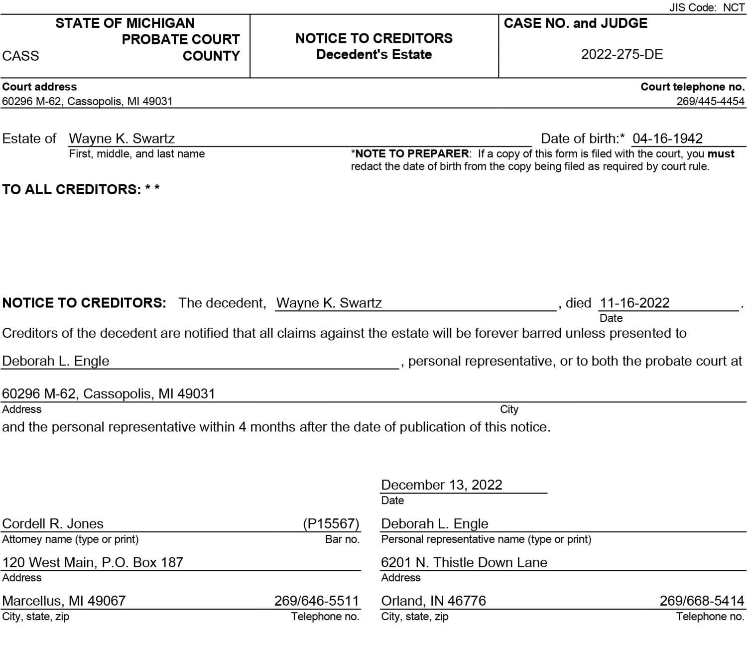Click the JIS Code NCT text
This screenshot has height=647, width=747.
[x=707, y=7]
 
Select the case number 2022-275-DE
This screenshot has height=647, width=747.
[x=622, y=55]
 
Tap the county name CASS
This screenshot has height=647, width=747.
[x=20, y=56]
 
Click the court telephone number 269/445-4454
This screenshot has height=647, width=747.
[x=710, y=101]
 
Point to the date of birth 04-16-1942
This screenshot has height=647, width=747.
[x=667, y=138]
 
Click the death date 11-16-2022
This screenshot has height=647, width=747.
[x=634, y=303]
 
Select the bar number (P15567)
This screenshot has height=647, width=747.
[x=331, y=523]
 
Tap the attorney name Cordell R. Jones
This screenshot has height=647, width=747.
[x=53, y=523]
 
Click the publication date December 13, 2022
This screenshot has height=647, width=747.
[x=441, y=485]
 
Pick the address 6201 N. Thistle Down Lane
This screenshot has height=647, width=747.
[x=464, y=562]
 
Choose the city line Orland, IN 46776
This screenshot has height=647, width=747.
[x=433, y=601]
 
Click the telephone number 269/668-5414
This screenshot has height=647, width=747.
[x=702, y=601]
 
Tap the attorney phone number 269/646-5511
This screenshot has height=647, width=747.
[x=316, y=601]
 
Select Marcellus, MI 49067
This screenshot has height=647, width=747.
[x=64, y=601]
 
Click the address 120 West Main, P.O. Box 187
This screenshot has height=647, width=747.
[x=93, y=562]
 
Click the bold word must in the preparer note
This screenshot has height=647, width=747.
[x=721, y=154]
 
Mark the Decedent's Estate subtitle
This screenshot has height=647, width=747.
[x=374, y=54]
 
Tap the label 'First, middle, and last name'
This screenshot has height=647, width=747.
[x=136, y=154]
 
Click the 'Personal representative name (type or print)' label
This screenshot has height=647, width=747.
[x=486, y=539]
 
